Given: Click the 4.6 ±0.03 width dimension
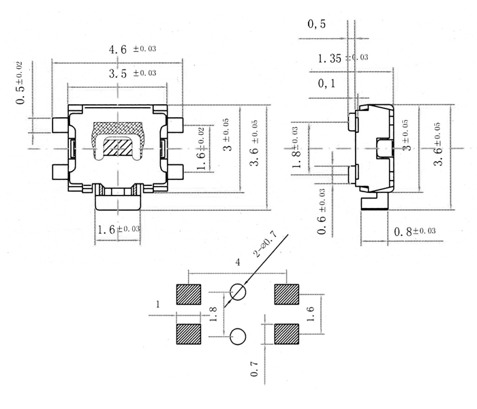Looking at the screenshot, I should pyautogui.click(x=133, y=50).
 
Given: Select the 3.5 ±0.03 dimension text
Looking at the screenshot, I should pyautogui.click(x=133, y=74).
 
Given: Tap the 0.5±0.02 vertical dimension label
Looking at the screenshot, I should pyautogui.click(x=22, y=83).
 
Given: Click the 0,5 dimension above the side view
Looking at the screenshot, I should pyautogui.click(x=317, y=24).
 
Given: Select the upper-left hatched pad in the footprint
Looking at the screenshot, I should pyautogui.click(x=189, y=294).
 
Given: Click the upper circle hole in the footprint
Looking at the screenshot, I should pyautogui.click(x=238, y=292).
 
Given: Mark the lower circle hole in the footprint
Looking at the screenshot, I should pyautogui.click(x=238, y=335).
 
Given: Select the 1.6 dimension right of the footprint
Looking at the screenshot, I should pyautogui.click(x=310, y=314).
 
